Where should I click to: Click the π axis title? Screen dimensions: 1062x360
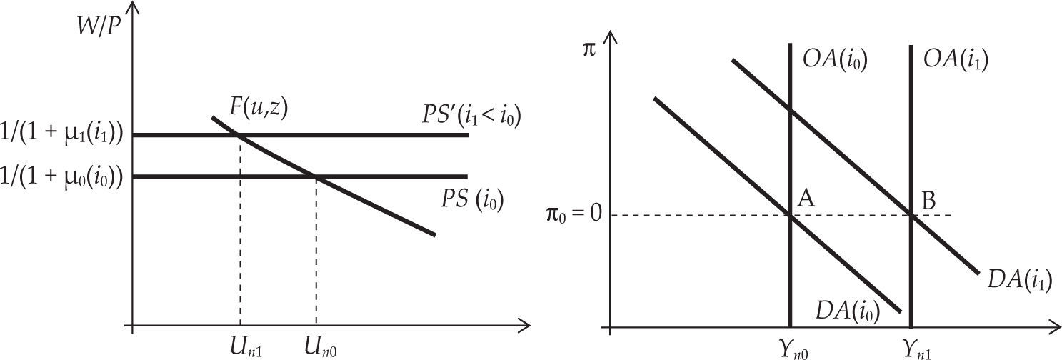click(588, 52)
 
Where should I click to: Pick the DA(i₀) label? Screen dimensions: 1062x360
click(847, 311)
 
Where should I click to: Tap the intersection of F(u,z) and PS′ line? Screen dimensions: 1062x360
click(239, 135)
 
